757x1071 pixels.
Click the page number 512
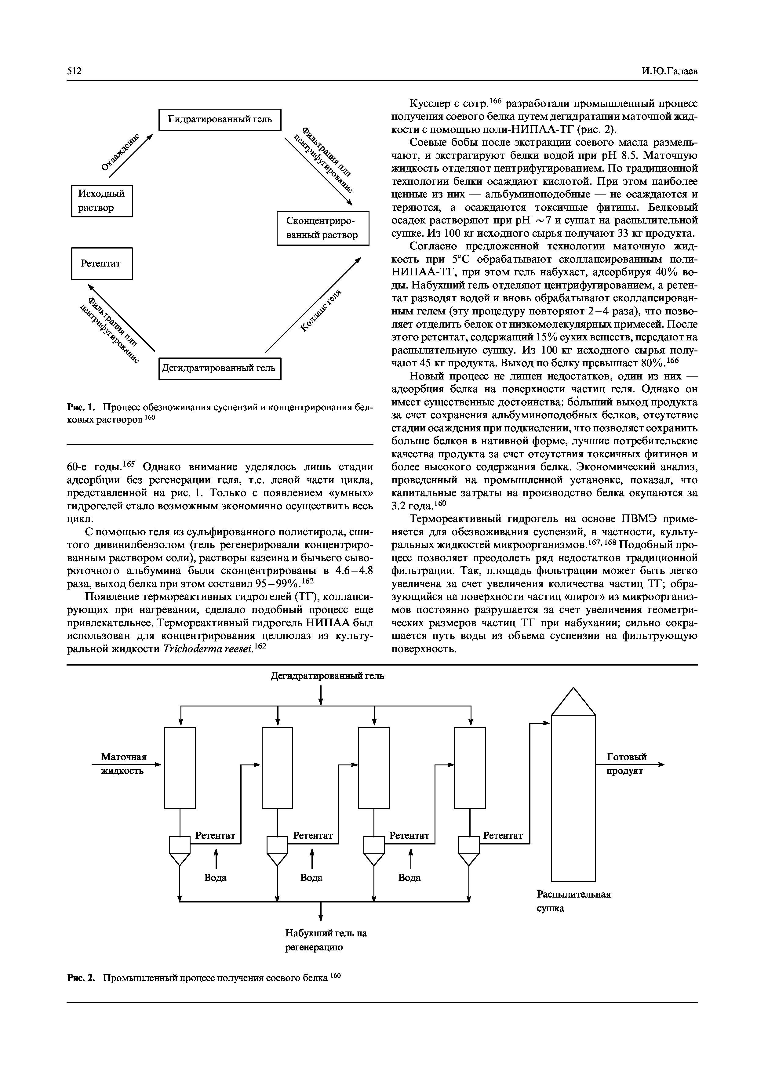[x=75, y=71]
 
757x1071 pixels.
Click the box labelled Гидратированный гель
[x=220, y=119]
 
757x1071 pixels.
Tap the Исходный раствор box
[x=102, y=201]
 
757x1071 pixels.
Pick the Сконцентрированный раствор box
[x=323, y=228]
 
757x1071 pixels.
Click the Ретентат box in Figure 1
[x=102, y=263]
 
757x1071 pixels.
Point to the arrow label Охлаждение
[x=120, y=152]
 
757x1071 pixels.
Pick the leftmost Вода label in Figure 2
[x=216, y=877]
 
